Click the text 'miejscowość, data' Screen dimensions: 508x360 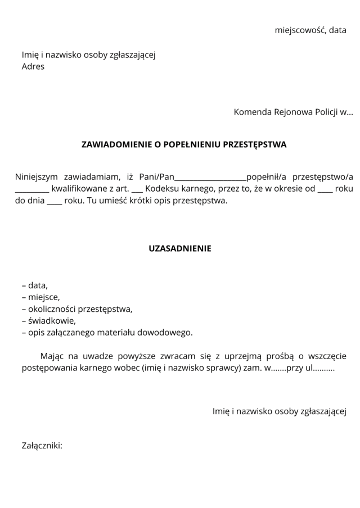point(310,30)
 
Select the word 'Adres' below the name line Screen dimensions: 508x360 point(33,66)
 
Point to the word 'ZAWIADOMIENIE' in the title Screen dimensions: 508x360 point(115,144)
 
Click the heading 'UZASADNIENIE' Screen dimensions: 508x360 point(180,248)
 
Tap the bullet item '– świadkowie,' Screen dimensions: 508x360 point(48,321)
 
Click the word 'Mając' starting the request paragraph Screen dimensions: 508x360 point(52,356)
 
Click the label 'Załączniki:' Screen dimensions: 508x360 point(42,446)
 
